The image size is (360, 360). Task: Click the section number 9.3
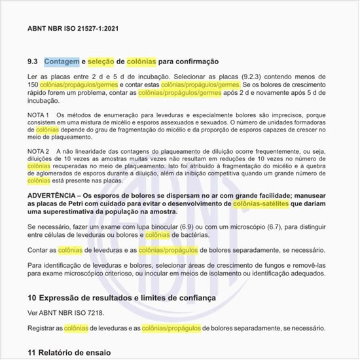[33, 62]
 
